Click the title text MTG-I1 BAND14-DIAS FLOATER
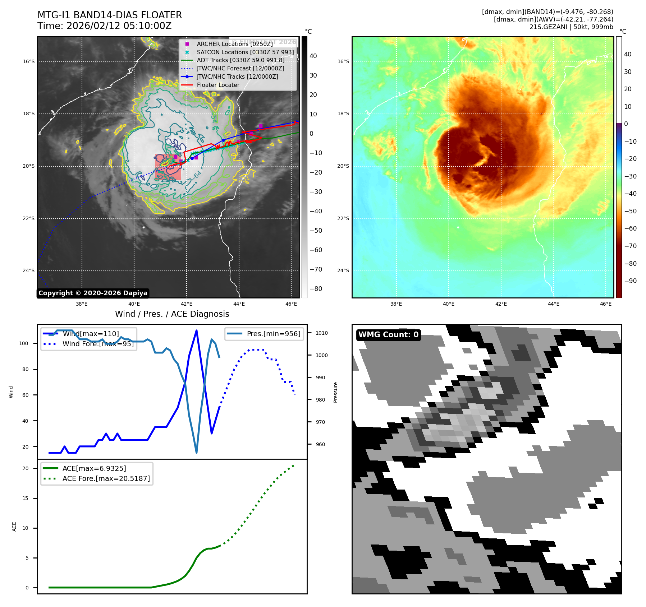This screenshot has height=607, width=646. (x=110, y=15)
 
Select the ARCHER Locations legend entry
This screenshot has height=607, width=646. (x=234, y=44)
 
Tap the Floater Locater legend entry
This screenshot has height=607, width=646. (x=218, y=85)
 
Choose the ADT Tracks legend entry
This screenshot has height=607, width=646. (x=240, y=60)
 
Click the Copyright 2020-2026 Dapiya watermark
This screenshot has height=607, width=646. (x=93, y=293)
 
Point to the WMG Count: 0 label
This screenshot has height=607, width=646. (x=388, y=335)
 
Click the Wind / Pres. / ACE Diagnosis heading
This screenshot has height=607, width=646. (x=172, y=314)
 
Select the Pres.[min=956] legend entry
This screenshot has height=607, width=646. (x=273, y=334)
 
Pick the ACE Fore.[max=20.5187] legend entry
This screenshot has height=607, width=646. (x=106, y=478)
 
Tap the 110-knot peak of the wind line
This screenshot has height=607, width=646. (x=196, y=330)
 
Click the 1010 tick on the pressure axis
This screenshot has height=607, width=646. (x=322, y=333)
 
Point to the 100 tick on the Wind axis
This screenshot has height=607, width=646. (x=24, y=343)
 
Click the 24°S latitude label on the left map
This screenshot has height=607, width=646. (x=29, y=271)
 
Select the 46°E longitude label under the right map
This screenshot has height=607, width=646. (x=606, y=304)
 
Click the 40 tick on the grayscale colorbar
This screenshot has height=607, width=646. (x=313, y=56)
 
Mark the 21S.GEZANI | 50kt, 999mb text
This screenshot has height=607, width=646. (x=571, y=27)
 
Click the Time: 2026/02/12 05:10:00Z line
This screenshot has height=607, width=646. (x=104, y=26)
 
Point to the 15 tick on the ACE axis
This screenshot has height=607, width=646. (x=25, y=498)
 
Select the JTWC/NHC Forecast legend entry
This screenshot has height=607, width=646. (x=240, y=69)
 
